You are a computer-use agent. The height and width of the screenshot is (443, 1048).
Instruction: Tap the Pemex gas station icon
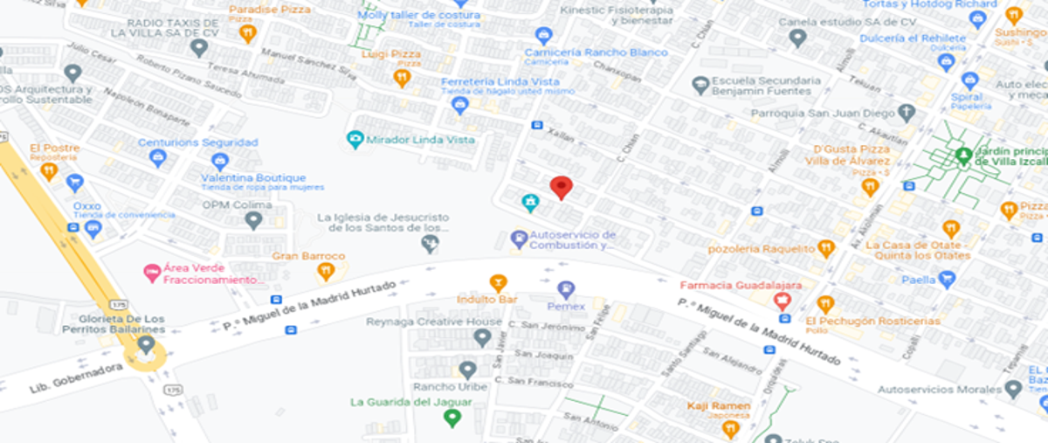click(566, 288)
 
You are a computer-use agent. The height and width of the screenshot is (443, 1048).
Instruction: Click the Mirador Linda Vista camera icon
click(355, 139)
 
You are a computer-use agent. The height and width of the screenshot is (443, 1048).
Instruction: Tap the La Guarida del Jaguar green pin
click(452, 418)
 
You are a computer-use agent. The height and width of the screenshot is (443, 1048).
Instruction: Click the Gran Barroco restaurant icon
click(326, 271)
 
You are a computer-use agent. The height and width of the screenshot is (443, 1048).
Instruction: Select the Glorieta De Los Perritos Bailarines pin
click(146, 343)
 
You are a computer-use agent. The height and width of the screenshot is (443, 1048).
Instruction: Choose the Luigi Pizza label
click(390, 54)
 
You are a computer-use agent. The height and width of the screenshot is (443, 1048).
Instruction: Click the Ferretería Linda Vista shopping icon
click(460, 106)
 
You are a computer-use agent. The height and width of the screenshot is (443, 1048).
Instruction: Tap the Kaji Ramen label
click(718, 406)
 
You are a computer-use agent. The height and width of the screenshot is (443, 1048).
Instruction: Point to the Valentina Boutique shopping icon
click(220, 162)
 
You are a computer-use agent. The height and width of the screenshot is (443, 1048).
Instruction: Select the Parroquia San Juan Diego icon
click(906, 113)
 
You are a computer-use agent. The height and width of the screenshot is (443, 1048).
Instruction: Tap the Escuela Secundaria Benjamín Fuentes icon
click(700, 85)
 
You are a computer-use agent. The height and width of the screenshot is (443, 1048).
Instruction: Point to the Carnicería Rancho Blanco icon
click(543, 36)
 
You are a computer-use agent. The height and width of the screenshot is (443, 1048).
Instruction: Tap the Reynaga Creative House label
click(434, 322)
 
